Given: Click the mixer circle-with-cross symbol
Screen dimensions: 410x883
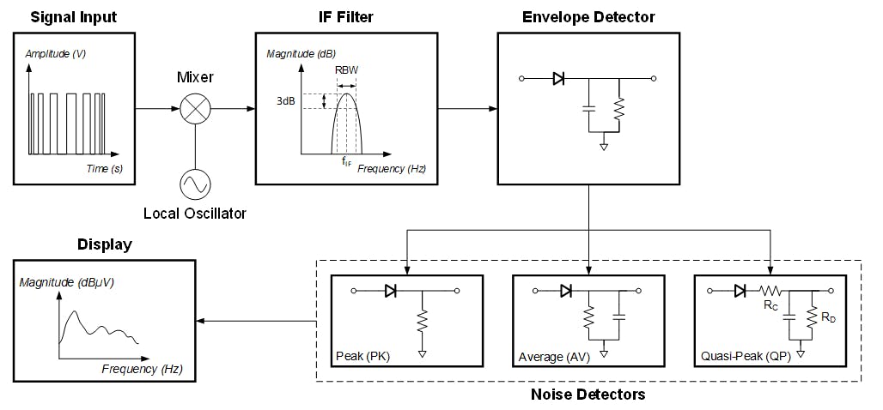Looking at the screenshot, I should coord(195,109).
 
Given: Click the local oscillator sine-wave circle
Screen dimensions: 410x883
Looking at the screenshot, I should coord(195,184).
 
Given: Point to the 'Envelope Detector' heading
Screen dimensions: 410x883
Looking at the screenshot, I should coord(588,16).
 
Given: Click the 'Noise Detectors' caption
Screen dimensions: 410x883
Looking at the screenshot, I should coord(588,395).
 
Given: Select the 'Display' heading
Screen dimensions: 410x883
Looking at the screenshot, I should coord(105,244).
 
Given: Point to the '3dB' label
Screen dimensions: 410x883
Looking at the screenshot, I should coord(287,101).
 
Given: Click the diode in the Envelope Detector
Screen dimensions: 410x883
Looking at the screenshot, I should coord(558,79).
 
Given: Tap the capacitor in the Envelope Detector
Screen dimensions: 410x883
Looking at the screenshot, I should coord(588,109).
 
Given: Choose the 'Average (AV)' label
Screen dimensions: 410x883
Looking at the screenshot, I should coord(552,357).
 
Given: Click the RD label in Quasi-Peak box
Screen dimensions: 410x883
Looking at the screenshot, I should coord(827,317).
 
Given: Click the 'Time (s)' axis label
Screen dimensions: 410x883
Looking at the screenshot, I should coord(104,169).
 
